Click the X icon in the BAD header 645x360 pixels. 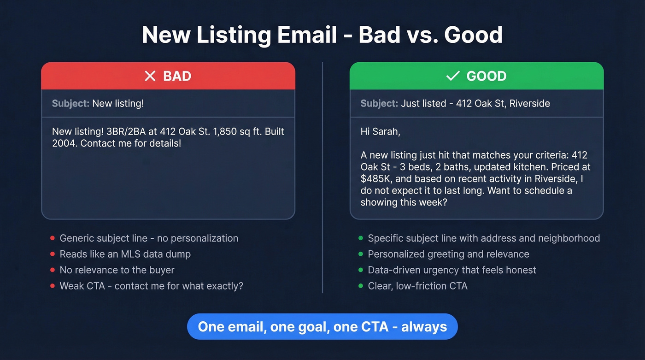(x=150, y=76)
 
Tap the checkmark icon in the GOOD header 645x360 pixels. (x=453, y=76)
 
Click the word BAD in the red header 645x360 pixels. (x=177, y=76)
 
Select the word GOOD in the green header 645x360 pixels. (x=486, y=76)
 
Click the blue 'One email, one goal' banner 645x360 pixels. (x=322, y=327)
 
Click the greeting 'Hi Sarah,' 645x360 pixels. (x=380, y=131)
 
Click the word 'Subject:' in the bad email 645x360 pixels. (x=70, y=103)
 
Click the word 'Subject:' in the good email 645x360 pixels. (x=379, y=103)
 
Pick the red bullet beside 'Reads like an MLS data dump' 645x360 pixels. (x=53, y=254)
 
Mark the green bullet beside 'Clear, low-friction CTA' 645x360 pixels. (x=361, y=286)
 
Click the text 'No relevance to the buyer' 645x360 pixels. (x=117, y=270)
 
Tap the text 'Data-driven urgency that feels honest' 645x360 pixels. (x=452, y=270)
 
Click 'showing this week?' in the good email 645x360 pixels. (x=404, y=202)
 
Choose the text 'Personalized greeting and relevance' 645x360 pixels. (x=448, y=254)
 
